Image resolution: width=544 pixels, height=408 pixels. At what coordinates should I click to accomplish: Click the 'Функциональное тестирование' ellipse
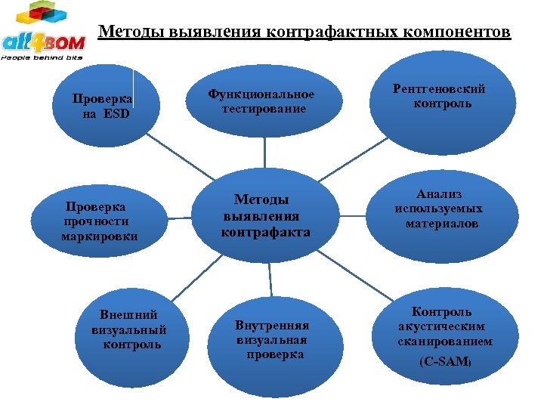tap(261, 103)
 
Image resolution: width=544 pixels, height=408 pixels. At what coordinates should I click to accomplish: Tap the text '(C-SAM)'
tap(444, 363)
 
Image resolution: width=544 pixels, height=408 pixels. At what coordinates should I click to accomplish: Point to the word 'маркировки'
tap(99, 237)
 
